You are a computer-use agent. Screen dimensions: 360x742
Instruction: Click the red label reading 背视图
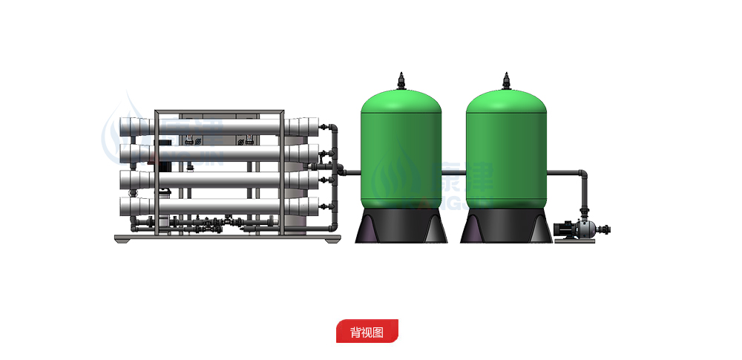(367, 331)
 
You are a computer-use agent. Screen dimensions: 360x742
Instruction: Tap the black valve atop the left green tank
(401, 80)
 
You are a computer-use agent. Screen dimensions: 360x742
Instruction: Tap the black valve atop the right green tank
(507, 80)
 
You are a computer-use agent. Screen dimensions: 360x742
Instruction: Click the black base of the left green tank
(401, 226)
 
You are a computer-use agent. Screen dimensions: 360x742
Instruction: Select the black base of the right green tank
(507, 226)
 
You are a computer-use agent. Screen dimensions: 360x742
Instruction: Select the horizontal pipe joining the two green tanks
(454, 174)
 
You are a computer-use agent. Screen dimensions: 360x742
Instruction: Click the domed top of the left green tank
(401, 100)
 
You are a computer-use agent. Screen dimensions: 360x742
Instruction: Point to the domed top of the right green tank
(507, 100)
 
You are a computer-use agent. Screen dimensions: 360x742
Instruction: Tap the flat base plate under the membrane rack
(227, 238)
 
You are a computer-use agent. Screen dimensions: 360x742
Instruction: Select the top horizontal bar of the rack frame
(219, 112)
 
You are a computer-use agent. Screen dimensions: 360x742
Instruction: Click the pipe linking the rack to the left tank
(349, 174)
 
